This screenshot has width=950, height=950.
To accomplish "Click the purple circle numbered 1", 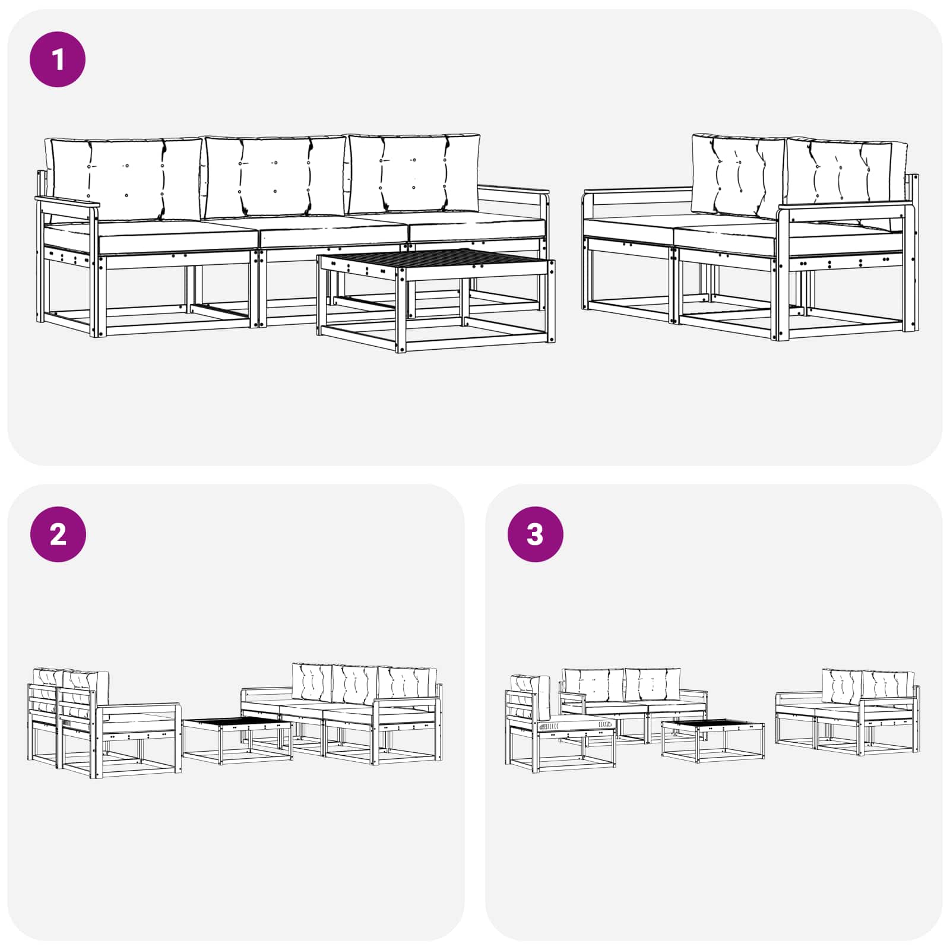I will (58, 60).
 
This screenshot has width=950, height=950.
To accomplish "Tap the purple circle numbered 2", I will (58, 534).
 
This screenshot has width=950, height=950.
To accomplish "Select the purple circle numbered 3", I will (535, 534).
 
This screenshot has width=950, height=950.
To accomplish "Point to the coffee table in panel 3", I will (712, 739).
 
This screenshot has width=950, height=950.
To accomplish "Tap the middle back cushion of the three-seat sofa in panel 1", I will (274, 176).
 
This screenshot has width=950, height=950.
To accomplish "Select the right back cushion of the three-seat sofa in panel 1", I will (413, 174).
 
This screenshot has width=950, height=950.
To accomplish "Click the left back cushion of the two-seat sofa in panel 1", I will (739, 175).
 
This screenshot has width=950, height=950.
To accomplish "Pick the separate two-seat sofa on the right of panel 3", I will (846, 712).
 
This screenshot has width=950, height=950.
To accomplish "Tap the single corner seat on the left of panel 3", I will (558, 727).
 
